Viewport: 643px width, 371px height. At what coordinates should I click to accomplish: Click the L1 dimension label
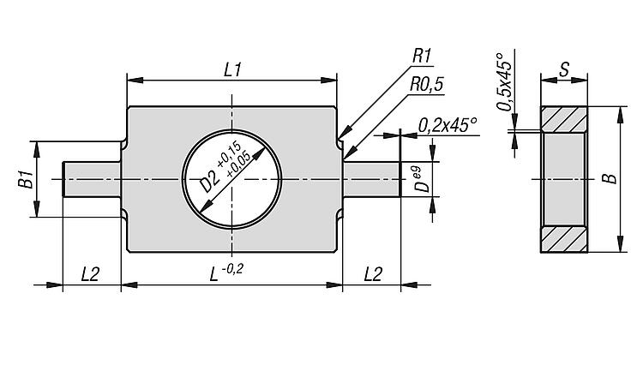click(232, 69)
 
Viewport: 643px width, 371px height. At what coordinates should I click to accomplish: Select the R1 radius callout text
click(422, 57)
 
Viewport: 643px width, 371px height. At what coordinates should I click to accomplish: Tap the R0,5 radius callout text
click(426, 85)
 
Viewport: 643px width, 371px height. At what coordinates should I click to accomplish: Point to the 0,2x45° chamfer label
click(448, 125)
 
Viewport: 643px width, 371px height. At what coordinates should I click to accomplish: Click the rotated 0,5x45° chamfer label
click(505, 82)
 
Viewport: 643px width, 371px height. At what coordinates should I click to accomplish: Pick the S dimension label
click(565, 69)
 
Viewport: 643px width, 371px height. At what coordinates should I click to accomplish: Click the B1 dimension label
click(26, 179)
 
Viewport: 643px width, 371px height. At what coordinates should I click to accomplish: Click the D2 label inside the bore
click(209, 181)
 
